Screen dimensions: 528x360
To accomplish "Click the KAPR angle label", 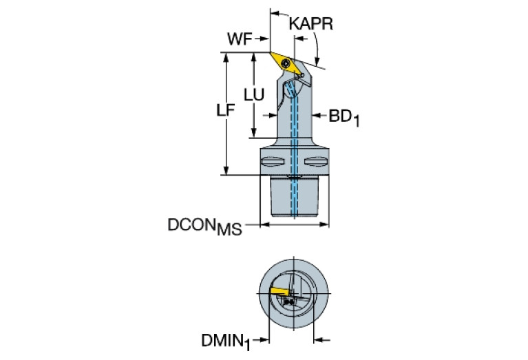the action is pos(310,24).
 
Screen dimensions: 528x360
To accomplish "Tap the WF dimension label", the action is pos(240,39).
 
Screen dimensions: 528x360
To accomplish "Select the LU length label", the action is pos(254,95).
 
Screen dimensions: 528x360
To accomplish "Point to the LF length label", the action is pos(225,109).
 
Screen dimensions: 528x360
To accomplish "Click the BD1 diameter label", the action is pos(344,118).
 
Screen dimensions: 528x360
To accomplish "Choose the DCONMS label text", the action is pos(204,226).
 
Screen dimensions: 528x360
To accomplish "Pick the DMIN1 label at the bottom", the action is pos(226,342).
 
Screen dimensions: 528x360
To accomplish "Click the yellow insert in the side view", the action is pos(286,63).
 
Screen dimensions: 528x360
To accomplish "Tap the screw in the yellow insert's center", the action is pos(286,63).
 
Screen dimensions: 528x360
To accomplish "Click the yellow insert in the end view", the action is pos(279,291).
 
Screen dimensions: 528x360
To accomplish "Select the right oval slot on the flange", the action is pos(315,162).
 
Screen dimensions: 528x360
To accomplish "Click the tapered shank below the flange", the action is pos(295,196).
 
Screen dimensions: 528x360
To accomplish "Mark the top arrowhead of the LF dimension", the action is pos(226,57).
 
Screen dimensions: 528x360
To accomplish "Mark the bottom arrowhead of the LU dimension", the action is pos(254,132).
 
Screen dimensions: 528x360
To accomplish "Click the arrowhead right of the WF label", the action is pos(264,39).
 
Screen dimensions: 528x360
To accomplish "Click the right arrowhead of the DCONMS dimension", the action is pos(324,224).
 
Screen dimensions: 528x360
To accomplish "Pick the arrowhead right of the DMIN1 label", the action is pos(319,340).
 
